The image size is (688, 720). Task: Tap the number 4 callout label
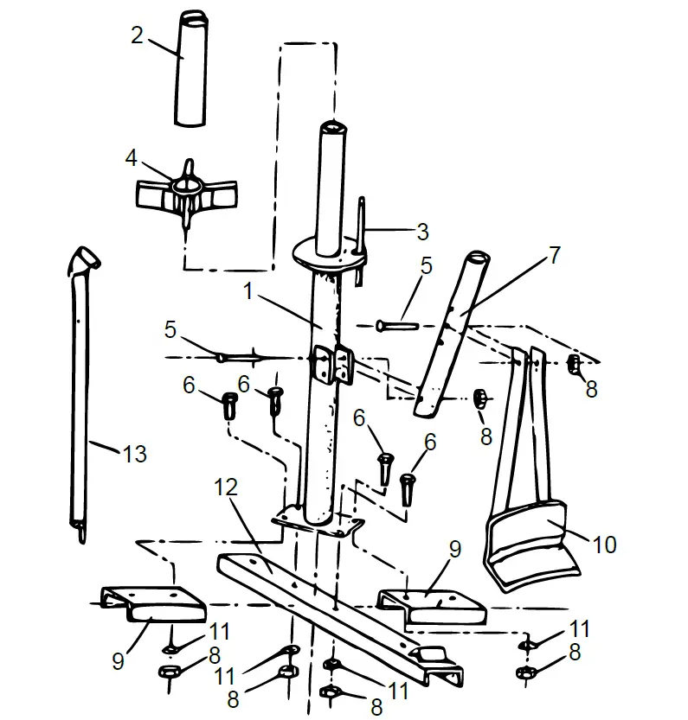(x=131, y=158)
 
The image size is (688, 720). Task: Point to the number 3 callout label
(x=421, y=231)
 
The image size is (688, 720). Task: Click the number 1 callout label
(x=248, y=292)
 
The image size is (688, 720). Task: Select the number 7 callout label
(x=554, y=255)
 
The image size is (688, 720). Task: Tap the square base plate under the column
(x=317, y=523)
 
